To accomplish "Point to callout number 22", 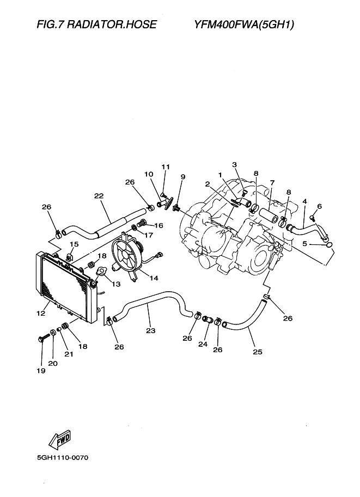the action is (99, 197).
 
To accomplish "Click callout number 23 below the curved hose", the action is (151, 330).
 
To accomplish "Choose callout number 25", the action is (258, 352).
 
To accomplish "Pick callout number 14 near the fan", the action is (154, 278).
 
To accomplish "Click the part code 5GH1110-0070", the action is (63, 457).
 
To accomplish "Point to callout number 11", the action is (166, 166).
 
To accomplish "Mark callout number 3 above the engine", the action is (235, 164).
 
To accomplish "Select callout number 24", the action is (206, 344).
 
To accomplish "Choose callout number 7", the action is (272, 182).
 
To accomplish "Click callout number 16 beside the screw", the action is (158, 225).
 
